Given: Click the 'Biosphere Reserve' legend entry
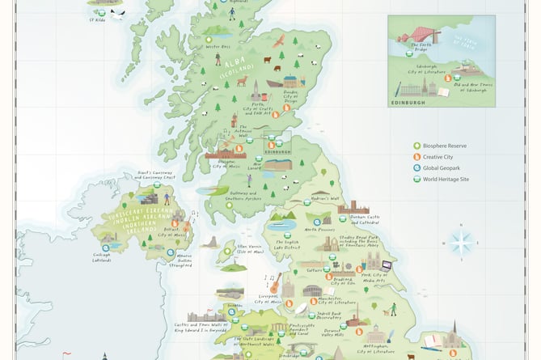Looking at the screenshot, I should [447, 146].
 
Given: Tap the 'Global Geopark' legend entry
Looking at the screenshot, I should [445, 168].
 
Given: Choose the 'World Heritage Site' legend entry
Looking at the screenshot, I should [450, 180].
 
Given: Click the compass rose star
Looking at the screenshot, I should [462, 243].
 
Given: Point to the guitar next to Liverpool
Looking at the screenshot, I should [275, 282].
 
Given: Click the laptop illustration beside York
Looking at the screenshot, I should [386, 265].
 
